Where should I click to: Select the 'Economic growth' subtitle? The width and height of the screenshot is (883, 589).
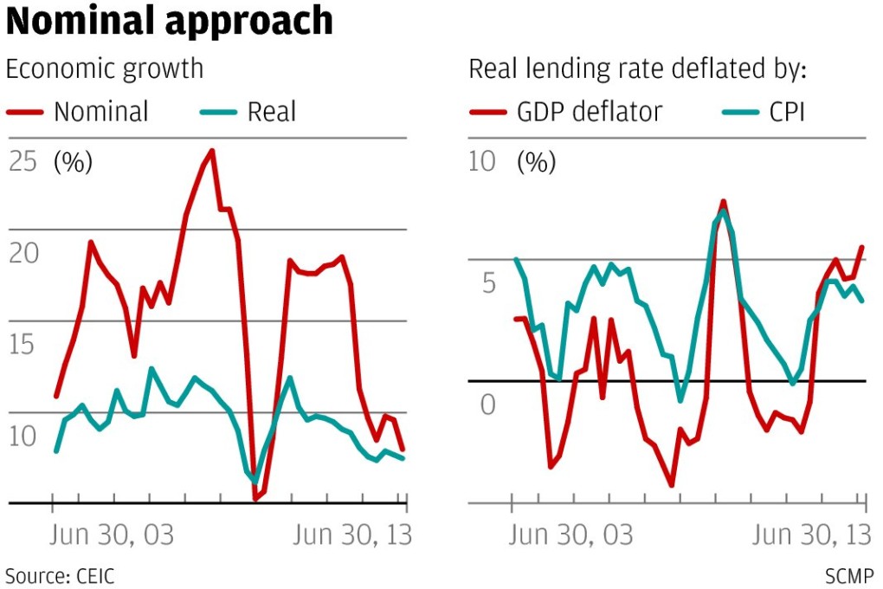pos(105,69)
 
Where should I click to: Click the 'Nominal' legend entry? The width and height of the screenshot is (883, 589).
pos(100,112)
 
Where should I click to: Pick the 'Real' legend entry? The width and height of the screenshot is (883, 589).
pos(271,112)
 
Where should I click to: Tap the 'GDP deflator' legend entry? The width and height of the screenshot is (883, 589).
pos(590,112)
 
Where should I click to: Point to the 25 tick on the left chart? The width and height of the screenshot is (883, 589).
pos(23,162)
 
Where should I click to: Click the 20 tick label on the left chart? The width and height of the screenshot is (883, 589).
pos(23,253)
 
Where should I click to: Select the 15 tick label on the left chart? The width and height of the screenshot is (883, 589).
pos(23,345)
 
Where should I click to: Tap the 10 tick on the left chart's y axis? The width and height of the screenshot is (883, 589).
pos(23,436)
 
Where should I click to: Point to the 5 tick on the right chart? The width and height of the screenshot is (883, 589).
pos(488,283)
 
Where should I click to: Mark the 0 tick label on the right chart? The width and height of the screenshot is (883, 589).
pos(488,405)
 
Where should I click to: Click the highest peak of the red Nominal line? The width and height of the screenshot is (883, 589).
pos(212,151)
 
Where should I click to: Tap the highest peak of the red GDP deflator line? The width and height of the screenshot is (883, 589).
pos(723,202)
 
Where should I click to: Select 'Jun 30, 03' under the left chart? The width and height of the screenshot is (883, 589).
pos(113,535)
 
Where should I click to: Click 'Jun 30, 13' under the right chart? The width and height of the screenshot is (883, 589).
pos(810,535)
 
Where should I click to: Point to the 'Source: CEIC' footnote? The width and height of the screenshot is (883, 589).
pos(60,576)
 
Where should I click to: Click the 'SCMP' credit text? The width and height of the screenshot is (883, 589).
pos(849,576)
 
